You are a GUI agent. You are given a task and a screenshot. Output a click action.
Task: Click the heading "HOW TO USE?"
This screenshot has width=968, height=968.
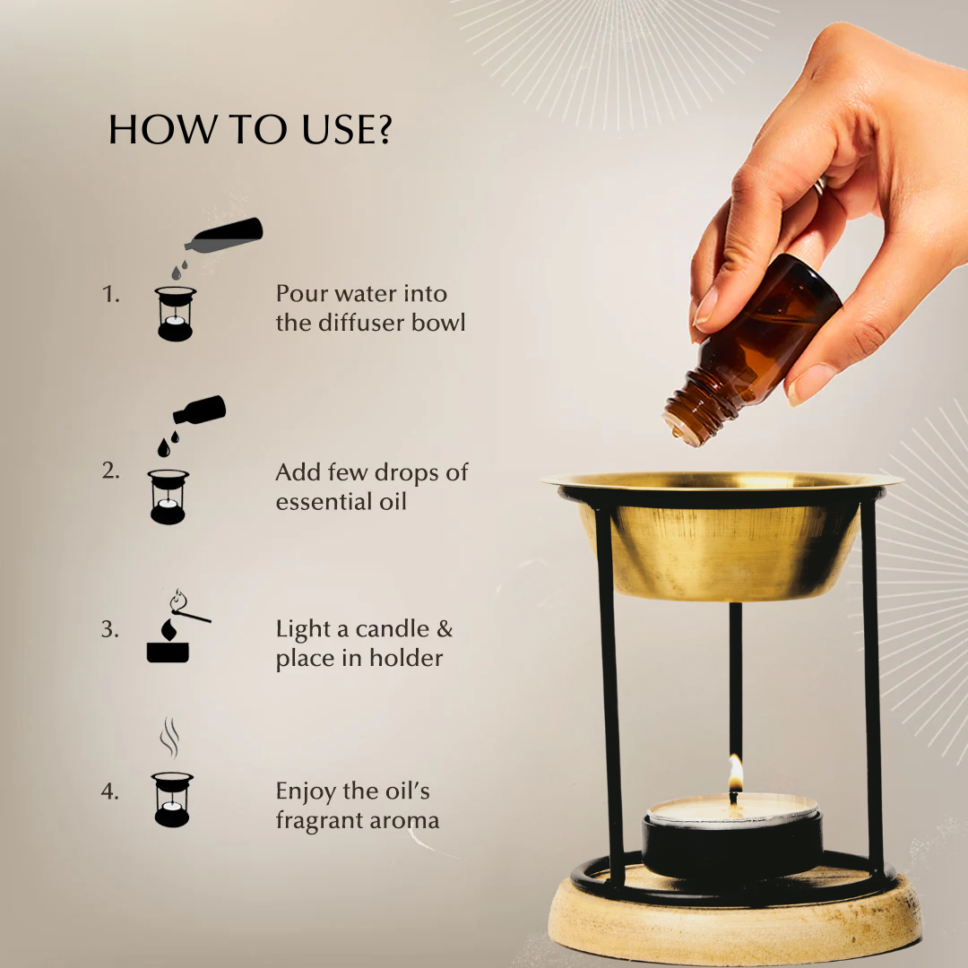(250, 131)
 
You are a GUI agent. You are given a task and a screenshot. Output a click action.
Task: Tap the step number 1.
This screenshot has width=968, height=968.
(110, 294)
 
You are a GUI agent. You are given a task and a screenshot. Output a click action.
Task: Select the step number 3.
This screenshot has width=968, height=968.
(109, 629)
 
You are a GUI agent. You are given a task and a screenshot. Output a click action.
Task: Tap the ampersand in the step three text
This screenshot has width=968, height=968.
(445, 629)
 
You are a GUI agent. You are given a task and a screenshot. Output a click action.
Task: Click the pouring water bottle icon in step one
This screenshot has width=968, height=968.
(225, 234)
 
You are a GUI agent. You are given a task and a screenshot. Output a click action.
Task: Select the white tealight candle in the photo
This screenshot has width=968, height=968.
(733, 808)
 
